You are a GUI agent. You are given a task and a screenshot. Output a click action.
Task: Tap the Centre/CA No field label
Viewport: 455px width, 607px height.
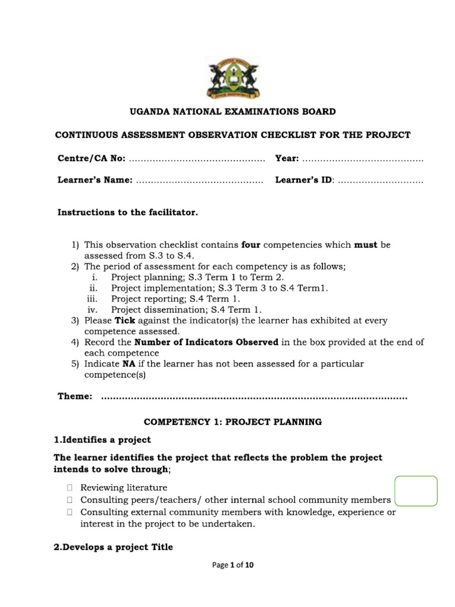pyautogui.click(x=91, y=159)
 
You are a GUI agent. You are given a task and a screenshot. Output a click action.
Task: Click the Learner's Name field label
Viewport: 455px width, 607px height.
pyautogui.click(x=95, y=180)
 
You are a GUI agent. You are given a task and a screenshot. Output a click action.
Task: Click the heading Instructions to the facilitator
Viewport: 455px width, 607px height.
pyautogui.click(x=127, y=212)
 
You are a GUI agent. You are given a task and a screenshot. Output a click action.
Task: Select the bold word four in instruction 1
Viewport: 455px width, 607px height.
pyautogui.click(x=251, y=244)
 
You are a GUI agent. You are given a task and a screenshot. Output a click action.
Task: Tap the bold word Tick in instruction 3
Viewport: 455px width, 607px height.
pyautogui.click(x=125, y=321)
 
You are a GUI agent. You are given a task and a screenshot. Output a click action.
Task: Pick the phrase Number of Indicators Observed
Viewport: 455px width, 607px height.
pyautogui.click(x=206, y=342)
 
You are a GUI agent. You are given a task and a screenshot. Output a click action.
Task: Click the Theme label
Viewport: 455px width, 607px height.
pyautogui.click(x=75, y=396)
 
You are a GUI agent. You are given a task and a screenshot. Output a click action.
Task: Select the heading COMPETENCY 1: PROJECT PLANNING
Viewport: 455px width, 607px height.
pyautogui.click(x=232, y=422)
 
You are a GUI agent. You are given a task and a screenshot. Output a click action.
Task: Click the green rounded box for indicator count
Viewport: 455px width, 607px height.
pyautogui.click(x=416, y=491)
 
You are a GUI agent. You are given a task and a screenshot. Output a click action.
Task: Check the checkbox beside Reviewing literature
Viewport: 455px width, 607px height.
pyautogui.click(x=69, y=488)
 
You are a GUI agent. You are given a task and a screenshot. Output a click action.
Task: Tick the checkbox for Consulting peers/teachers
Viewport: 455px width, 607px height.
pyautogui.click(x=69, y=500)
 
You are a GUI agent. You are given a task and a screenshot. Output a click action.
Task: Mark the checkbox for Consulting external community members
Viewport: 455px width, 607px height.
pyautogui.click(x=69, y=512)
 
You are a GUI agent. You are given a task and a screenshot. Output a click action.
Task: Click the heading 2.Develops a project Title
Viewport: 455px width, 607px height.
pyautogui.click(x=113, y=547)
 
